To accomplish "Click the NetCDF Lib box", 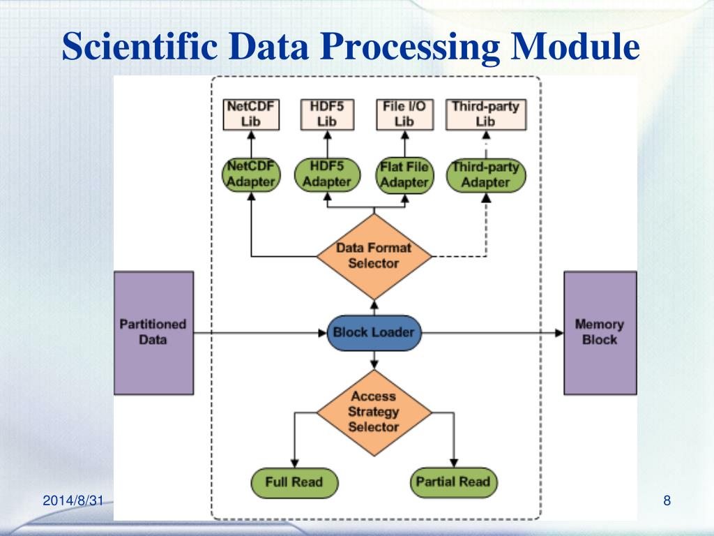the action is pos(251,114).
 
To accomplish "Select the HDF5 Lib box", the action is pos(327,114).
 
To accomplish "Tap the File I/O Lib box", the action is pos(405,114).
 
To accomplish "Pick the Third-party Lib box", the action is pos(486,114).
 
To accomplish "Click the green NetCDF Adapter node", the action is pos(251,174).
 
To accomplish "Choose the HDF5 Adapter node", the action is pos(327,174).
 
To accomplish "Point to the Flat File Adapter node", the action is pos(405,175).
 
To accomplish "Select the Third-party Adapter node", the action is pos(486,175).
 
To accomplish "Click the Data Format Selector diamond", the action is pos(374,256).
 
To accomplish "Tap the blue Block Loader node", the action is pos(374,333).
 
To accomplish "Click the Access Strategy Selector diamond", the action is pos(374,412).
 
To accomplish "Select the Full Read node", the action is pos(295,482).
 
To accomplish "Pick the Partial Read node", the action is pos(453,482).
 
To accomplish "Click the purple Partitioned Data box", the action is pos(153,333).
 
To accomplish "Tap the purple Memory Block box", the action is pos(600,333).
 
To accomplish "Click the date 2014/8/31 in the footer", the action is pos(73,500).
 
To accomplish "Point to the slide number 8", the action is pos(667,500).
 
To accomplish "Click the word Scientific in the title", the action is pos(139,46).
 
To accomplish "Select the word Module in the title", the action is pos(575,46).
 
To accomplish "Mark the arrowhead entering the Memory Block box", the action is pos(560,333).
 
